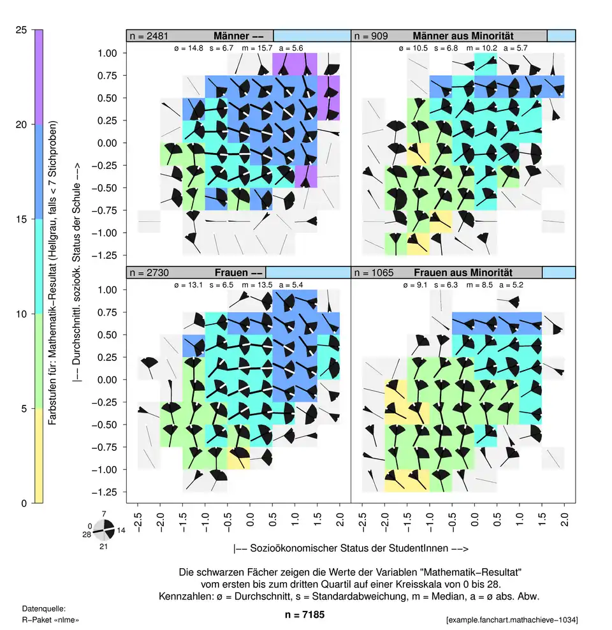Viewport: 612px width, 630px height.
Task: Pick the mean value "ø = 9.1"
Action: click(412, 284)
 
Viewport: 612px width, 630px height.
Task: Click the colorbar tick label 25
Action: click(21, 30)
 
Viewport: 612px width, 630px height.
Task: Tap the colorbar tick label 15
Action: click(21, 219)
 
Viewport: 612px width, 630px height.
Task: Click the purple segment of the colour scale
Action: click(39, 77)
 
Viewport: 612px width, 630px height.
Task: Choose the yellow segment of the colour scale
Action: click(39, 456)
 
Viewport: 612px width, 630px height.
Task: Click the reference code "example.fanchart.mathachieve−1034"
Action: click(513, 620)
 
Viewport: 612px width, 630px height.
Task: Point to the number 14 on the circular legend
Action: click(121, 530)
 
